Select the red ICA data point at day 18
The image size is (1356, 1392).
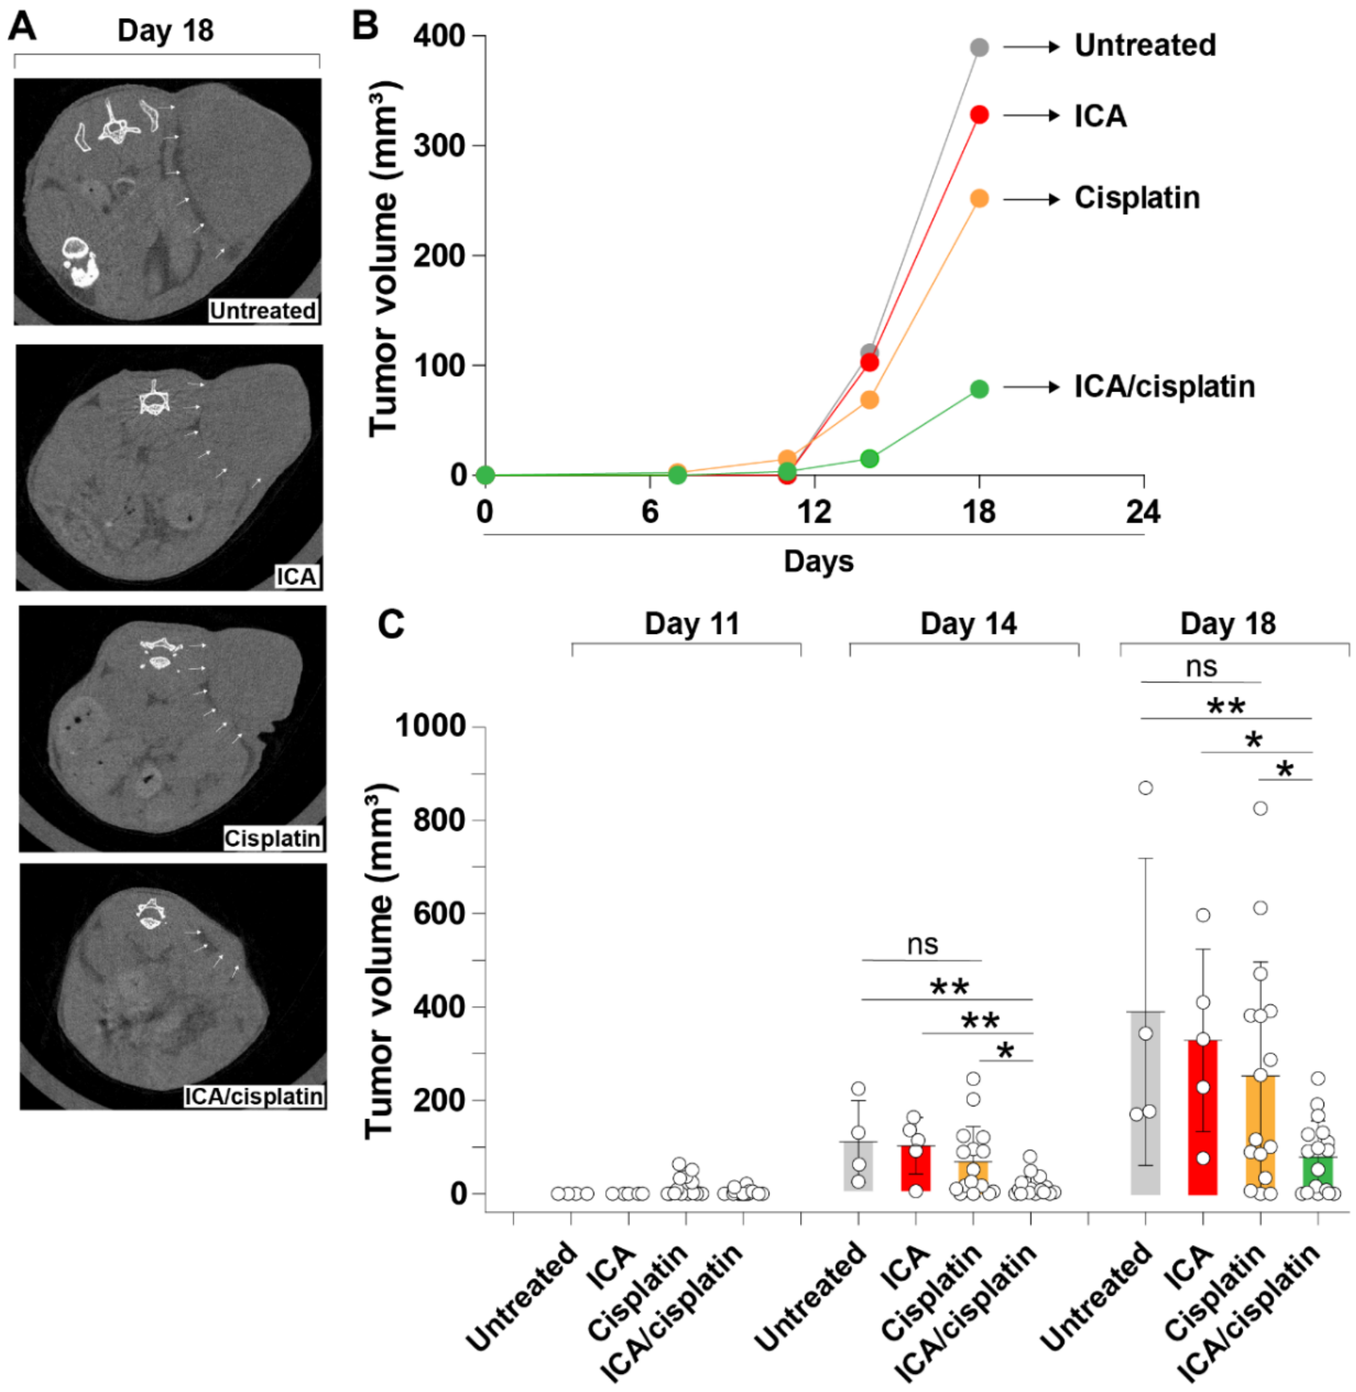(979, 115)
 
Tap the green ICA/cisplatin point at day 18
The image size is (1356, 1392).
(979, 389)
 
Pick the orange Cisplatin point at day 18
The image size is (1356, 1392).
(979, 199)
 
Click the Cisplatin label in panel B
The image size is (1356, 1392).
(1136, 198)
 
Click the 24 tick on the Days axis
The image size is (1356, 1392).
(1143, 512)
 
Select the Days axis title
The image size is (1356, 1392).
(818, 561)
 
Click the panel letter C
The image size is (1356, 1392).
(391, 624)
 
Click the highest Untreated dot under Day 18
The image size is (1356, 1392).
(1145, 788)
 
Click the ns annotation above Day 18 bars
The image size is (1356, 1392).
(1201, 667)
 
